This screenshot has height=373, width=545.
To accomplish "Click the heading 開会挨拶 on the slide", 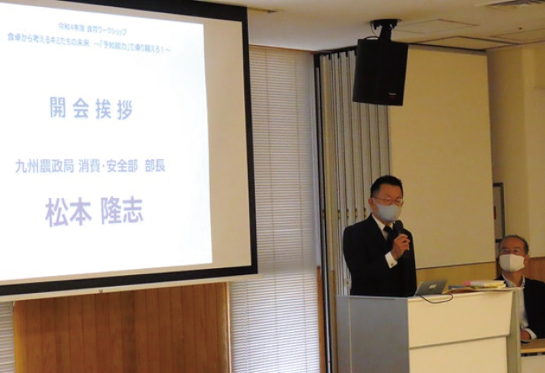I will tap(91, 109).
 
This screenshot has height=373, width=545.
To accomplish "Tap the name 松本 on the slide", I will tap(68, 211).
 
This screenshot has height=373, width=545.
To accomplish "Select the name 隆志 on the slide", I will tap(122, 211).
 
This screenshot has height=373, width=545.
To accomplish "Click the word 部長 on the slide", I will tap(155, 166).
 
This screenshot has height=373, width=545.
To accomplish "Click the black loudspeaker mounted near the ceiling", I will tap(380, 71).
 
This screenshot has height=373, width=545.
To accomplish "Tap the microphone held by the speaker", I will tap(398, 228).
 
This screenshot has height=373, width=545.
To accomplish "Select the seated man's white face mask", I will tap(512, 263).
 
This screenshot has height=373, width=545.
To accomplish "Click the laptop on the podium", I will tap(431, 287).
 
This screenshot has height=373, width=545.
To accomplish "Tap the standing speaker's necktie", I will tap(388, 234).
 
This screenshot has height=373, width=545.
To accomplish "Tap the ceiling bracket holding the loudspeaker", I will tap(383, 30).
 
